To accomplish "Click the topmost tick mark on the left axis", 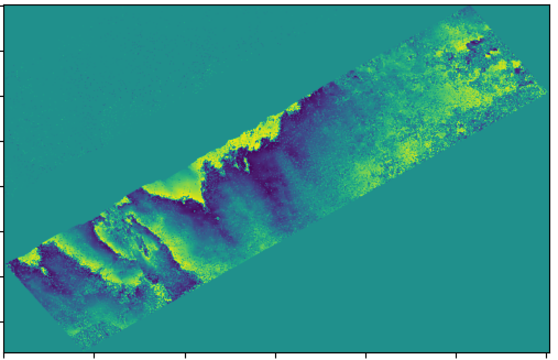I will pyautogui.click(x=2, y=52).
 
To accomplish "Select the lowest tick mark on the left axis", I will pyautogui.click(x=2, y=321).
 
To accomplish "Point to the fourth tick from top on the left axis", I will pyautogui.click(x=2, y=187).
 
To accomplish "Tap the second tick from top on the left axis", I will pyautogui.click(x=2, y=97).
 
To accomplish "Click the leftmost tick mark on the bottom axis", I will pyautogui.click(x=4, y=355).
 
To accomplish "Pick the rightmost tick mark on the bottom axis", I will pyautogui.click(x=546, y=355).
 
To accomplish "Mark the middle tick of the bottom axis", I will pyautogui.click(x=276, y=355).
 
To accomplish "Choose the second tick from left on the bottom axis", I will pyautogui.click(x=95, y=355).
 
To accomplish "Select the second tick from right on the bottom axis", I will pyautogui.click(x=456, y=355).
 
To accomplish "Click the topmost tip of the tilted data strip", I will pyautogui.click(x=469, y=7).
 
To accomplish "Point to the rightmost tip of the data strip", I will pyautogui.click(x=546, y=91).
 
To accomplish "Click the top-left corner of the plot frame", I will pyautogui.click(x=4, y=5).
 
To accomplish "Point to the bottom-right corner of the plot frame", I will pyautogui.click(x=550, y=352).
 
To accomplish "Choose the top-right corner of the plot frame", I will pyautogui.click(x=550, y=5).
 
